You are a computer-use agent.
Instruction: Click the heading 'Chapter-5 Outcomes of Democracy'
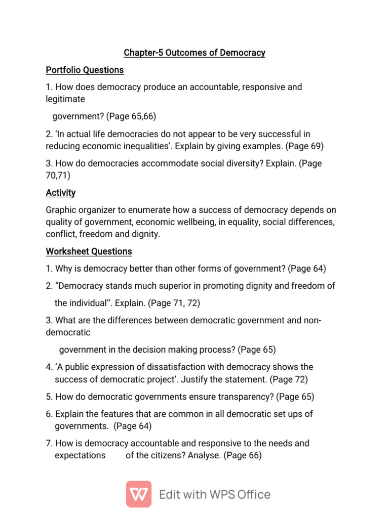[194, 53]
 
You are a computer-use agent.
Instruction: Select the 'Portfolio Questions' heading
[85, 70]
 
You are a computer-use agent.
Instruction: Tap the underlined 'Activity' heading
[61, 193]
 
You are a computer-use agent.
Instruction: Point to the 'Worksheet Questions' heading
[89, 251]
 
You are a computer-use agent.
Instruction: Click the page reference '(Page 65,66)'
[131, 116]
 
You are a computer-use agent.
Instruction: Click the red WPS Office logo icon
[139, 494]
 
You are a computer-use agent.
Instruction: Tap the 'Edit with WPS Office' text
[215, 494]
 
